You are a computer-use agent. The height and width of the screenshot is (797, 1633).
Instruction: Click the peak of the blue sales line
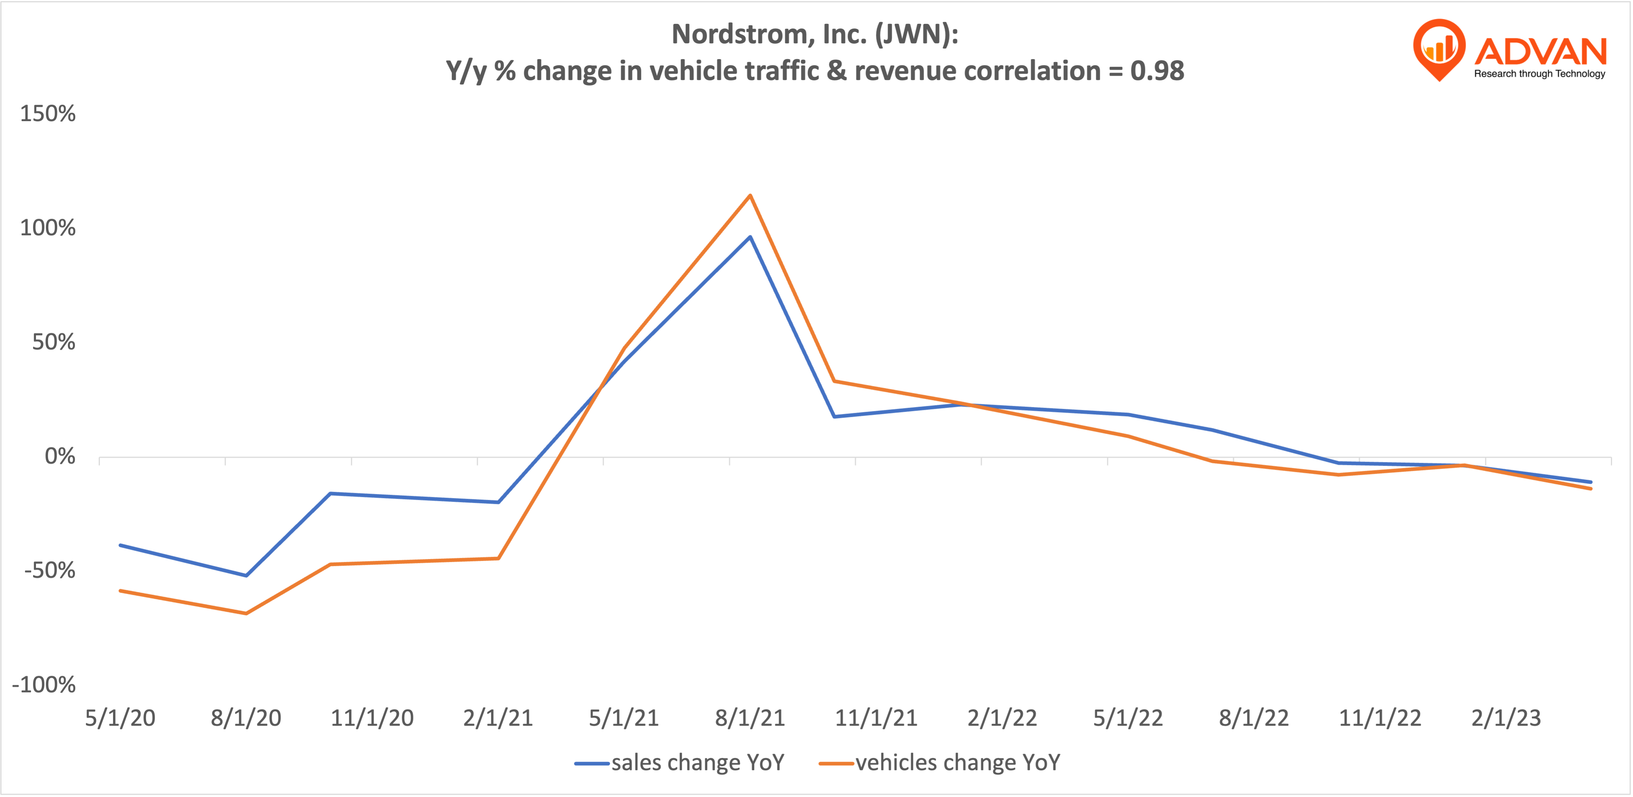click(750, 237)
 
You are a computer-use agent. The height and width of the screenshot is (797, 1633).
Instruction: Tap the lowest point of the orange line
click(246, 613)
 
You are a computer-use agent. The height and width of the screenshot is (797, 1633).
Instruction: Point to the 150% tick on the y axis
click(48, 114)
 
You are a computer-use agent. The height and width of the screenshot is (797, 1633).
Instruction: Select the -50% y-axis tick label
click(50, 571)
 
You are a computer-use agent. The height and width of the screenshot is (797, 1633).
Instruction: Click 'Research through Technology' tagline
click(1539, 73)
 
